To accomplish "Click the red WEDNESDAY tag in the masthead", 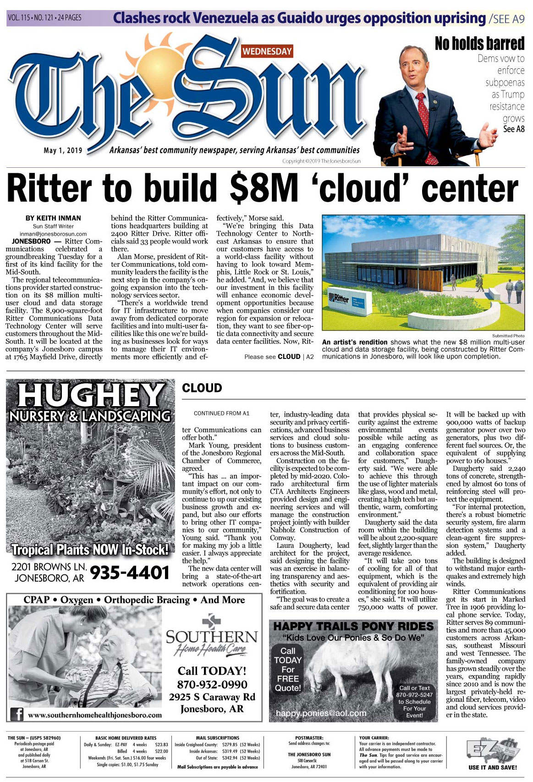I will click(267, 51).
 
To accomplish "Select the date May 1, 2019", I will click(63, 150).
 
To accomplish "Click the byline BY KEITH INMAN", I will click(53, 218).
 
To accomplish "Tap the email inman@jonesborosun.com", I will click(53, 234).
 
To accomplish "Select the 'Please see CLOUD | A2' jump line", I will click(279, 357).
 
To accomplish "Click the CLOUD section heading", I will click(202, 388).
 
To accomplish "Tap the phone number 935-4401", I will click(129, 573).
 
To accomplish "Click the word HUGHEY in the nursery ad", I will click(89, 396).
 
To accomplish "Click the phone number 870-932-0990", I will click(212, 684).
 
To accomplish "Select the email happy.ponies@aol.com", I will click(321, 713).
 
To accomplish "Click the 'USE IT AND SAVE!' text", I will click(492, 767).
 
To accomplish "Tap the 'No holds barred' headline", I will click(479, 44).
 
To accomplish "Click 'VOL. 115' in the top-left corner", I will click(18, 18).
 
